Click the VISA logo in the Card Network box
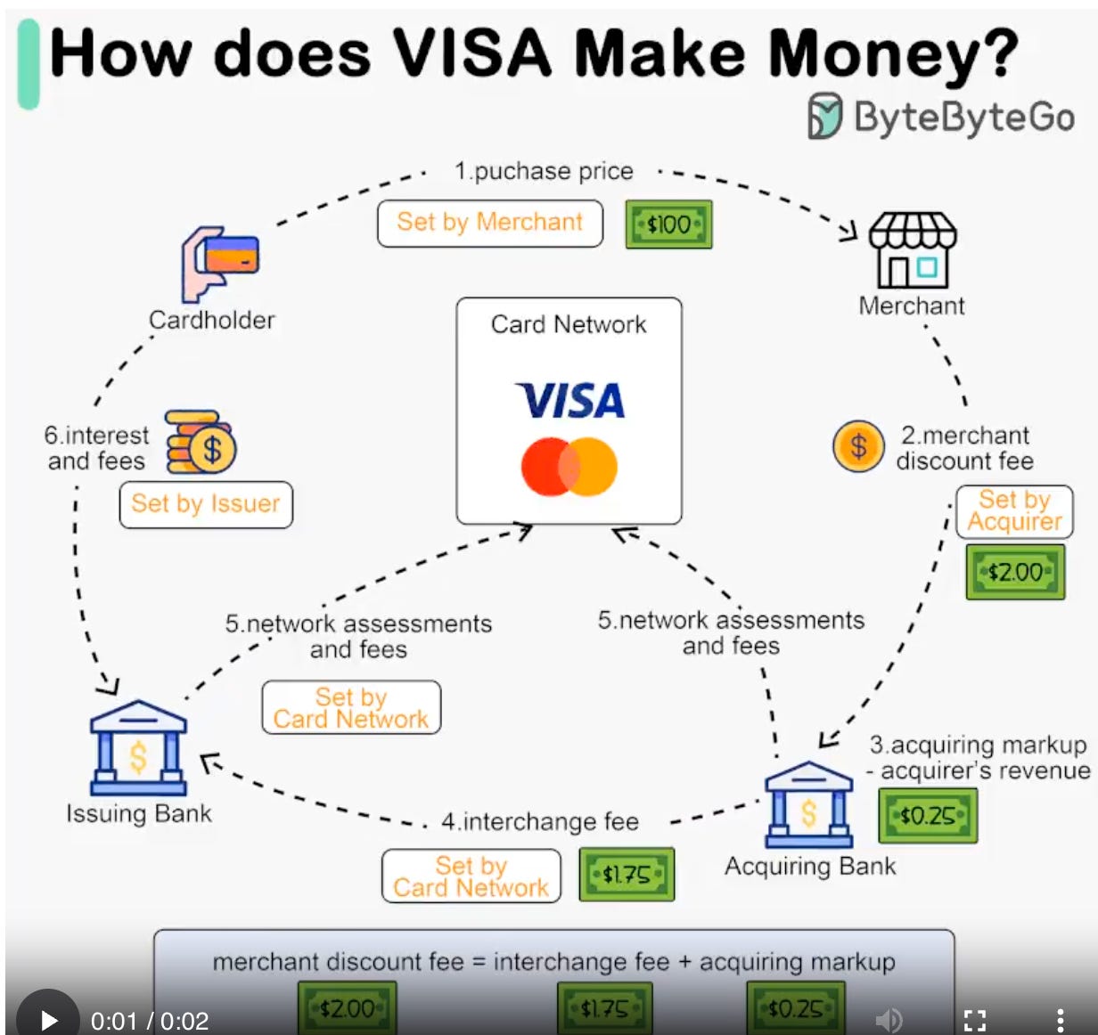(569, 401)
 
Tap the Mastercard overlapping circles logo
(569, 466)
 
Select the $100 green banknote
(668, 224)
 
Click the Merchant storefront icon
(912, 250)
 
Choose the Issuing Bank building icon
(138, 748)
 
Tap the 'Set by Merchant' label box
(489, 223)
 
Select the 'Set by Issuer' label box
(206, 504)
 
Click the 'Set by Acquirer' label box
(1014, 511)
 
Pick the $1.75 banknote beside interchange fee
(627, 875)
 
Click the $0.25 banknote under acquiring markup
(927, 816)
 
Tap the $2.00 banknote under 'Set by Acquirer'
(1015, 572)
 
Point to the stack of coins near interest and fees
(201, 443)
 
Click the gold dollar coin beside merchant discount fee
(857, 446)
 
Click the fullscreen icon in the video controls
(975, 1020)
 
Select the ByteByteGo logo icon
(824, 117)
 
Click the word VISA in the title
(472, 53)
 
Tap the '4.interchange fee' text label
(540, 821)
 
